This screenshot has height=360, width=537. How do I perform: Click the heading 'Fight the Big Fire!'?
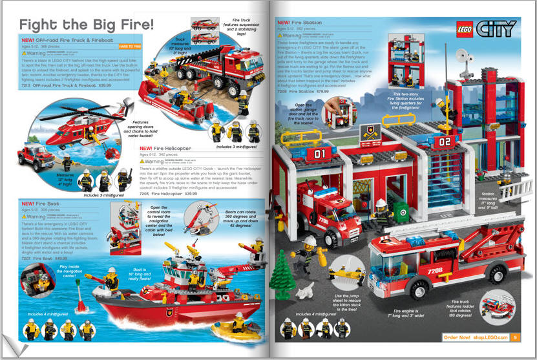[87, 25]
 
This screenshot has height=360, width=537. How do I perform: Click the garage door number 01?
[321, 154]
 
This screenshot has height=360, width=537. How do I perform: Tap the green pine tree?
[283, 271]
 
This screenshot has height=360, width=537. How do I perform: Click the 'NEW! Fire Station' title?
[299, 23]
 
